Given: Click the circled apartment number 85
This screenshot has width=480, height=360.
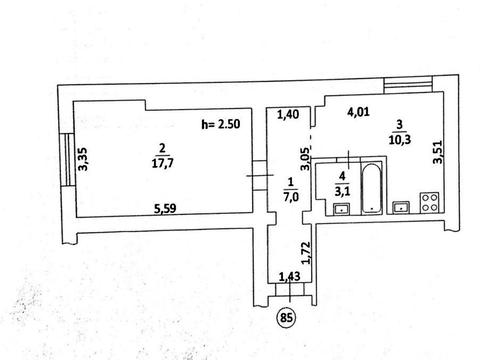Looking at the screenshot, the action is tap(286, 317).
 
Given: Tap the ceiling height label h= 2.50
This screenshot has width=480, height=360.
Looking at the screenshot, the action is tap(221, 124).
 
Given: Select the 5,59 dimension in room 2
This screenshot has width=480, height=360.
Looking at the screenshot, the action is tap(165, 209).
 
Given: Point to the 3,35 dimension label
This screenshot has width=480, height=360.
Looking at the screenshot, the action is tap(83, 159).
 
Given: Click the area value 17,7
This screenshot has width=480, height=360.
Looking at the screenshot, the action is tap(162, 163).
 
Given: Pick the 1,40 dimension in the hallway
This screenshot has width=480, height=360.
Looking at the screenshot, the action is tap(288, 115).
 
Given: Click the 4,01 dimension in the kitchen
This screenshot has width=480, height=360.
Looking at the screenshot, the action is tap(358, 112).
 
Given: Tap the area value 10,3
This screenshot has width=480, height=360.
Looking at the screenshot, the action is tap(400, 140).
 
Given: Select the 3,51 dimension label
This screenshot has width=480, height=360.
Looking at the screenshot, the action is tap(437, 152).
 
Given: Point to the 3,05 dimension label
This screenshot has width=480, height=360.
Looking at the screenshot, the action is tap(305, 159).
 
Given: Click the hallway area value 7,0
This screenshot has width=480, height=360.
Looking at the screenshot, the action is tap(291, 198).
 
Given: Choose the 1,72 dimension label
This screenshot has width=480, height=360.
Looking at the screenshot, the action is tap(306, 253).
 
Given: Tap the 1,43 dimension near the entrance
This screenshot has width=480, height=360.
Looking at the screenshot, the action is tap(289, 276).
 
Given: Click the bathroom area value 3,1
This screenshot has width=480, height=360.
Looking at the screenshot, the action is tap(342, 191).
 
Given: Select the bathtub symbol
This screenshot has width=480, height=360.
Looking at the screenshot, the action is tap(372, 188).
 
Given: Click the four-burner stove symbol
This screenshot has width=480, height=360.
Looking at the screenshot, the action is tap(430, 202).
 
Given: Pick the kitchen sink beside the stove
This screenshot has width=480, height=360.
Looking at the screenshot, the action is tap(402, 207).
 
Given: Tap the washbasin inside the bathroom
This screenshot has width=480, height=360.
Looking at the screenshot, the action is tap(341, 209).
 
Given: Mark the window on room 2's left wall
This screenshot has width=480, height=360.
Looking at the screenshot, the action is tap(69, 159).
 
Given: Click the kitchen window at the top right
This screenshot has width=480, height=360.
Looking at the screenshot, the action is tap(408, 85).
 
